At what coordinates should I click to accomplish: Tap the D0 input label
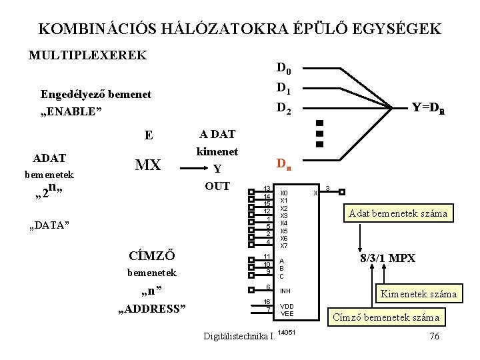(x=283, y=68)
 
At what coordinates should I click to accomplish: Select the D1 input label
(x=283, y=88)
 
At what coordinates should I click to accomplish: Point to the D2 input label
(x=283, y=107)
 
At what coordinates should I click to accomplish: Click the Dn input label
(x=283, y=163)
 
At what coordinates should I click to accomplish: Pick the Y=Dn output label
(x=427, y=107)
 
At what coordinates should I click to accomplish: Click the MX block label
(x=148, y=164)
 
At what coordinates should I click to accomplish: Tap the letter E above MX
(x=149, y=135)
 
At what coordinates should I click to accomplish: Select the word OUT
(x=217, y=185)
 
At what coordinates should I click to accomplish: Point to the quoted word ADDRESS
(x=152, y=308)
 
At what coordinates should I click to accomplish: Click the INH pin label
(x=285, y=291)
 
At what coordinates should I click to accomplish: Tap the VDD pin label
(x=286, y=306)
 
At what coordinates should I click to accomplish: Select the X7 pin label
(x=284, y=245)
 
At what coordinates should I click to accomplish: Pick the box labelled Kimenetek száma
(x=418, y=293)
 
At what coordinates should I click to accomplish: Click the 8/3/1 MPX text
(x=387, y=258)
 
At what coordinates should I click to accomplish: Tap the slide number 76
(x=434, y=335)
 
